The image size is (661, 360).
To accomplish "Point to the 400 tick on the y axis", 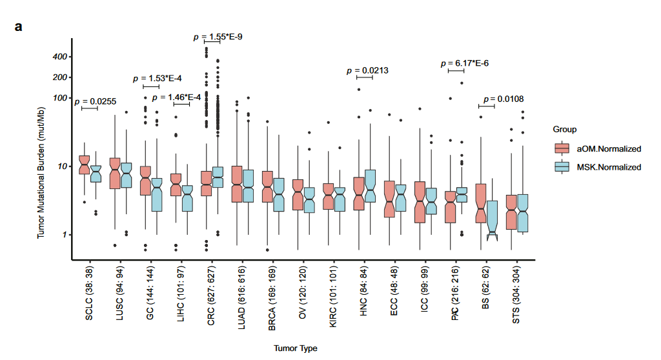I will (61, 57).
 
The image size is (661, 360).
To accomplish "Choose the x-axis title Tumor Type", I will (295, 348).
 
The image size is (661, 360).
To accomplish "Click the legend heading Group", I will (565, 130).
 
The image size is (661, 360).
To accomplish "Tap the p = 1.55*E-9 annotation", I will (218, 37).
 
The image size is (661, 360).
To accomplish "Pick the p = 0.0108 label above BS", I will (502, 99).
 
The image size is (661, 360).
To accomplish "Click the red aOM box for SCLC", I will (84, 165).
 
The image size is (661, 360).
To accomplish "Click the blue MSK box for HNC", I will (371, 186).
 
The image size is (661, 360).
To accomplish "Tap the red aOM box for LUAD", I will (236, 184).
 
